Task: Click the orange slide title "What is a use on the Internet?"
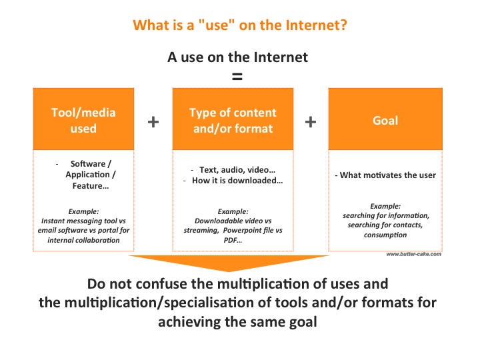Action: point(240,25)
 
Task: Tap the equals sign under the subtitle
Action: point(237,76)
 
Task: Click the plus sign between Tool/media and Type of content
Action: point(153,121)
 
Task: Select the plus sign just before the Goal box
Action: point(311,121)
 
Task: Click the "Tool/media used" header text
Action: point(83,120)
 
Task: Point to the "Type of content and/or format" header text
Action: point(233,120)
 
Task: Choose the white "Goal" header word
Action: point(385,120)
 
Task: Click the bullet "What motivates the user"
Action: point(385,175)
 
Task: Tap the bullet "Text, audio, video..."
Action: point(233,169)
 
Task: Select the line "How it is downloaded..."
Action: point(233,181)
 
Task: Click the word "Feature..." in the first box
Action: point(91,186)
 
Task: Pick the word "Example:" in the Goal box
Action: point(385,206)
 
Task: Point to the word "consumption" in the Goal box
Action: point(385,235)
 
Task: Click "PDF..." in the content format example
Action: point(233,240)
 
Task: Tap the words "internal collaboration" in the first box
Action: point(83,240)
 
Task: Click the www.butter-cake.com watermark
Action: point(414,254)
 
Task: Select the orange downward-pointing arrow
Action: point(229,263)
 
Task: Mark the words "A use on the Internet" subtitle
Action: point(237,57)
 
